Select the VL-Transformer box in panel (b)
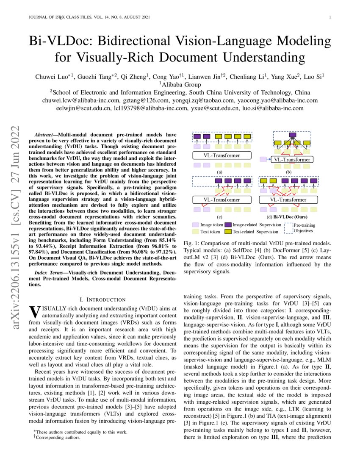pyautogui.click(x=292, y=160)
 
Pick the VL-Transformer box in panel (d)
pyautogui.click(x=292, y=200)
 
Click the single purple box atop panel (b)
pyautogui.click(x=292, y=136)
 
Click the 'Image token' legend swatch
pyautogui.click(x=195, y=225)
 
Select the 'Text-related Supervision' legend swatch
pyautogui.click(x=228, y=232)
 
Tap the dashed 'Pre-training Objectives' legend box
pyautogui.click(x=288, y=228)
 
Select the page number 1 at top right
pyautogui.click(x=330, y=17)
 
